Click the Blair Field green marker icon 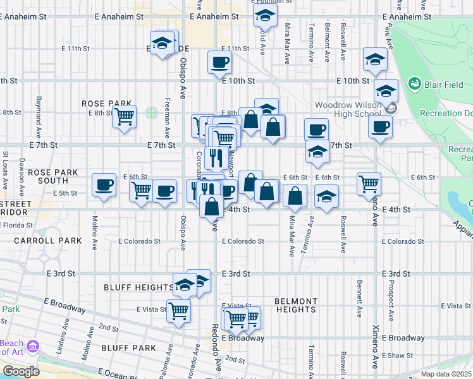[x=415, y=83]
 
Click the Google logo [x=21, y=371]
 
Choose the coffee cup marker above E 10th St [x=219, y=62]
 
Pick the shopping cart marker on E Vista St [x=179, y=310]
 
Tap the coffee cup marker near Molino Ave [x=104, y=185]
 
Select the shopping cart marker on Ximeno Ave [x=369, y=184]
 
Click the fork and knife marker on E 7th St [x=217, y=157]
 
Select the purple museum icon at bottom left [x=33, y=346]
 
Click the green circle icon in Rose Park [x=151, y=113]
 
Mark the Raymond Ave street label [x=39, y=110]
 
